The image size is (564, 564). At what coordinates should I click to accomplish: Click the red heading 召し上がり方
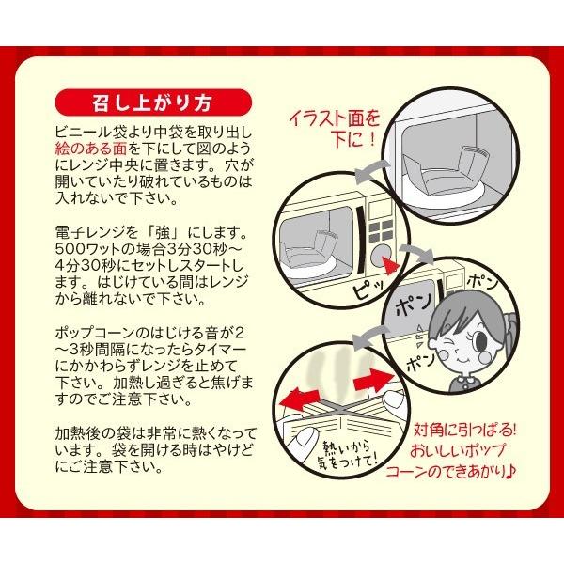click(152, 101)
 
